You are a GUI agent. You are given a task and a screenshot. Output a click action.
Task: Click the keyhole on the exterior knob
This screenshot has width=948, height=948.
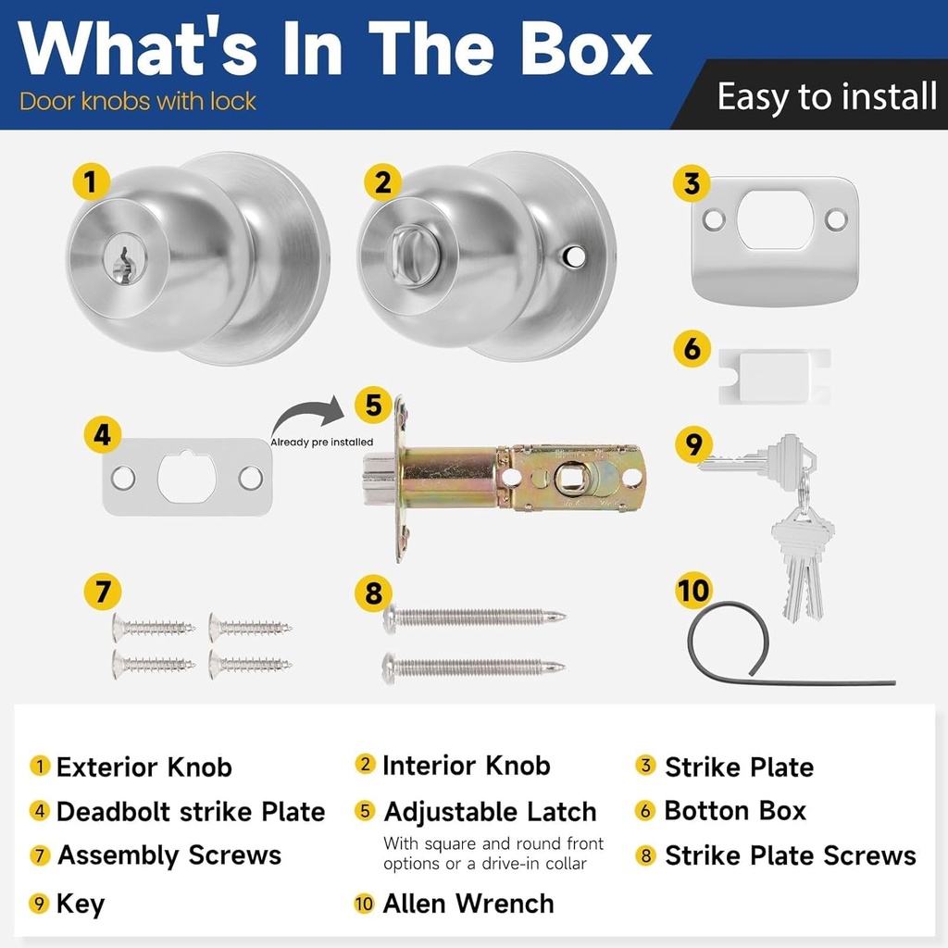121,265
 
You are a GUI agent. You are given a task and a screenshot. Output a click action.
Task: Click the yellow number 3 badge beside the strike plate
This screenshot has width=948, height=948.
692,182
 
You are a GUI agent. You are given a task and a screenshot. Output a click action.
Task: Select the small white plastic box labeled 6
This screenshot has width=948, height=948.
775,376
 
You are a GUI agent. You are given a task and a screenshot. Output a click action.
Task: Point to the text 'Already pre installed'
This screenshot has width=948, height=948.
322,443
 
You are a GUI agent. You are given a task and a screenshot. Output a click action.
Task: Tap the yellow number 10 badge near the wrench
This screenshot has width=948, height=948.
693,590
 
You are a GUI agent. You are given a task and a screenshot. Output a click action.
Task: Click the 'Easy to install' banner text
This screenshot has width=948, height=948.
827,96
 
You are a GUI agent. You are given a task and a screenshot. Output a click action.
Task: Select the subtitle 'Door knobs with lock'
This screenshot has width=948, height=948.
138,101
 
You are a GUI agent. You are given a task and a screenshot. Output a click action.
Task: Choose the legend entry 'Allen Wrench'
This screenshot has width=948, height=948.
468,904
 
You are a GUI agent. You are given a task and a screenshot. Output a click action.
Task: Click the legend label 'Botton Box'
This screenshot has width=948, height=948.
735,811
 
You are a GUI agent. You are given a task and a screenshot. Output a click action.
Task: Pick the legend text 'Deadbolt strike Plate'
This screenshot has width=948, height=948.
191,812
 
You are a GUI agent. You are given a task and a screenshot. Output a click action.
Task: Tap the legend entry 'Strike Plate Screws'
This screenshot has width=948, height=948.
790,856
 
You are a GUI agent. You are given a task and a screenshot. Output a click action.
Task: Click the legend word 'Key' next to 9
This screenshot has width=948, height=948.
81,904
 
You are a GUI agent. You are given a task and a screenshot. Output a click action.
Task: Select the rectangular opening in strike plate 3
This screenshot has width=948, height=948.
774,219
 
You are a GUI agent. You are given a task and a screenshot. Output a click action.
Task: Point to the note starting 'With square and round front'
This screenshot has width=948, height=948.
493,853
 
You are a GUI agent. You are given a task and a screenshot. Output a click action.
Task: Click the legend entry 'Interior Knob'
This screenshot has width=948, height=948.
466,766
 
